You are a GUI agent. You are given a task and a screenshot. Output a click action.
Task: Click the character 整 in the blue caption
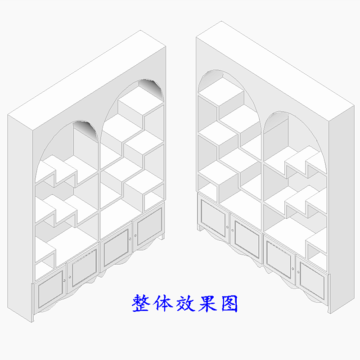point(140,304)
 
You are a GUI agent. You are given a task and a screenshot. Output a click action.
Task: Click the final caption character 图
point(229,304)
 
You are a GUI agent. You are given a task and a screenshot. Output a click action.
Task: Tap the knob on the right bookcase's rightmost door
point(298,270)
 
